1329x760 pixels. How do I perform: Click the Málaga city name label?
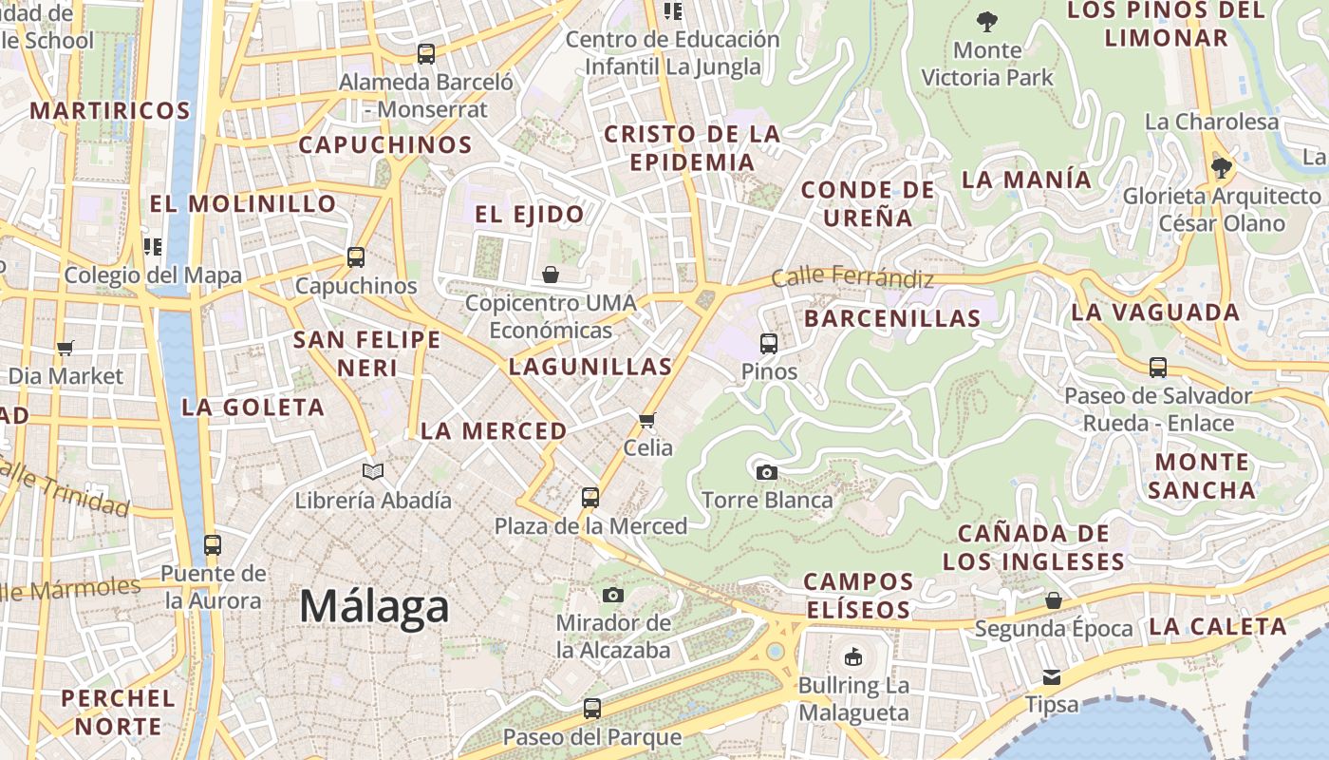coord(374,606)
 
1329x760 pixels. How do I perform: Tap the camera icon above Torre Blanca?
coord(766,472)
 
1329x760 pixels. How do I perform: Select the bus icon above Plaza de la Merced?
coord(590,497)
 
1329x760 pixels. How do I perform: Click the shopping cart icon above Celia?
coord(647,419)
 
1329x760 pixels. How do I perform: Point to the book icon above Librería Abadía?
coord(373,471)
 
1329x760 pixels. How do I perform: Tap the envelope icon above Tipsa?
coord(1052,676)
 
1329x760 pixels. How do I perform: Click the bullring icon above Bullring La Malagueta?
coord(853,656)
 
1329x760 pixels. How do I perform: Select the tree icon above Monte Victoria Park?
coord(987,21)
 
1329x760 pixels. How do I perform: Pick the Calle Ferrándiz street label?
coord(852,277)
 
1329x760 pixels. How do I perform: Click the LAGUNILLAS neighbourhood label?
coord(590,366)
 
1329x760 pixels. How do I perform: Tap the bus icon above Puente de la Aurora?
coord(213,545)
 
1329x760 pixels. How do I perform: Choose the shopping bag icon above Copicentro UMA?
coord(551,275)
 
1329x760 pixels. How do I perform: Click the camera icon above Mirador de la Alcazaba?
coord(613,595)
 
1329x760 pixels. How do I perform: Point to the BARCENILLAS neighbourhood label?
coord(892,318)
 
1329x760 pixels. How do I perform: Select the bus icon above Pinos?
coord(769,343)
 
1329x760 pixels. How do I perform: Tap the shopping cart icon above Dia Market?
coord(66,348)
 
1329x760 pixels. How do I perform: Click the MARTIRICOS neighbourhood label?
coord(110,110)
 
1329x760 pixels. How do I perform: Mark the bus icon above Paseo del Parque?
coord(592,708)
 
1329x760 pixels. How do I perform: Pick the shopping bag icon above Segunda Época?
coord(1054,600)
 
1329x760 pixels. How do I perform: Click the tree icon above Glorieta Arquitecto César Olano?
coord(1222,168)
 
